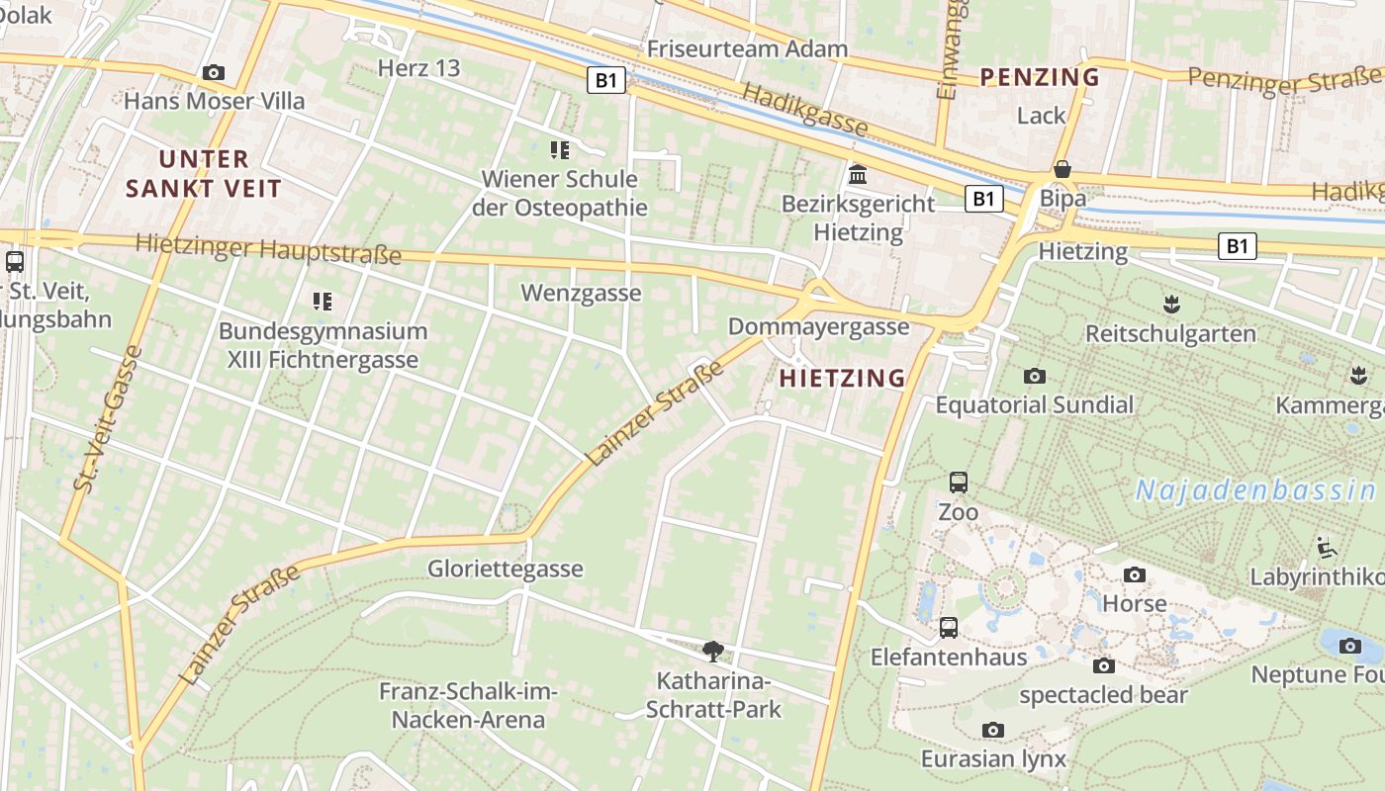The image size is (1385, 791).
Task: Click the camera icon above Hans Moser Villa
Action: tap(213, 72)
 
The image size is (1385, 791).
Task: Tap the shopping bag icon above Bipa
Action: tap(1062, 169)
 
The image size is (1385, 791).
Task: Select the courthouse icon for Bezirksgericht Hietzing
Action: tap(858, 175)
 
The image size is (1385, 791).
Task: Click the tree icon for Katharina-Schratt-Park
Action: tap(712, 651)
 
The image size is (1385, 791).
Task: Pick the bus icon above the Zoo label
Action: tap(958, 483)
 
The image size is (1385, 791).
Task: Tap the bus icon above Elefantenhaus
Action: tap(948, 627)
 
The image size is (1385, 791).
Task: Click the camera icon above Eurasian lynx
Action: tap(993, 730)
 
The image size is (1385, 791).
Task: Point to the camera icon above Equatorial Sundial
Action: tap(1035, 376)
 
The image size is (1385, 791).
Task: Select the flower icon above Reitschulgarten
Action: tap(1171, 304)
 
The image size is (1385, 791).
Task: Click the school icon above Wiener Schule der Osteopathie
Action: tap(560, 150)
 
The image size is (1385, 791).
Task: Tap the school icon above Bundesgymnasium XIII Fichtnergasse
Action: tap(323, 301)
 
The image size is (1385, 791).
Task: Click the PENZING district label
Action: tap(1039, 77)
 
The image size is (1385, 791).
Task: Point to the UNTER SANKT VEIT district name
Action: tap(205, 174)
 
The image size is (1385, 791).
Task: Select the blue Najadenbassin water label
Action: tap(1254, 489)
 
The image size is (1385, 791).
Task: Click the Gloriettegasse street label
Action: tap(505, 570)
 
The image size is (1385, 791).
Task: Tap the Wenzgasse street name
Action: tap(581, 294)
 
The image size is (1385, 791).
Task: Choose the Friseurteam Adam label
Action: tap(747, 48)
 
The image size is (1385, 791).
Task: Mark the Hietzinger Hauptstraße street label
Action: tap(268, 249)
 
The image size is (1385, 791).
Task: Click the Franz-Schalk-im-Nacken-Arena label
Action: tap(468, 706)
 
